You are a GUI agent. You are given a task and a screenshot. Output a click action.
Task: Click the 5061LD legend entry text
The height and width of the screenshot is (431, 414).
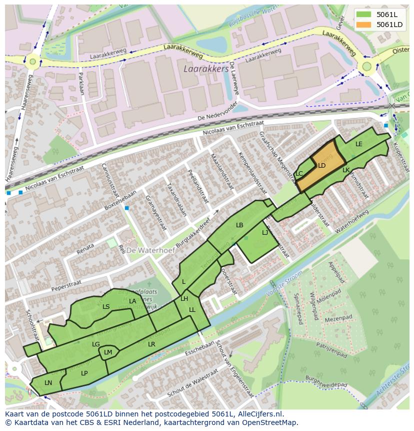[390, 25]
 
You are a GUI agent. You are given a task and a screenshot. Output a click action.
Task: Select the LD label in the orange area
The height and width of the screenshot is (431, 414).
[322, 166]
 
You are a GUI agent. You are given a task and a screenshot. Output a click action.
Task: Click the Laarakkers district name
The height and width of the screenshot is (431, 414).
[206, 68]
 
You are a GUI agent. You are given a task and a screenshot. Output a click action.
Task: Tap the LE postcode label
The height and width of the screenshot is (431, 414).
[358, 144]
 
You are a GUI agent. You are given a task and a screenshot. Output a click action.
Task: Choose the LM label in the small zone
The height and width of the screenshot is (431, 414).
[108, 352]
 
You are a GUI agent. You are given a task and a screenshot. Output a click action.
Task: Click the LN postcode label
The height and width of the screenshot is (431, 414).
[48, 383]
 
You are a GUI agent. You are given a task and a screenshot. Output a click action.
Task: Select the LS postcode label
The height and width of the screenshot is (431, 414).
[106, 307]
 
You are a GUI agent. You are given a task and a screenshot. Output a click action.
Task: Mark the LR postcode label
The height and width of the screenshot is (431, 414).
[151, 344]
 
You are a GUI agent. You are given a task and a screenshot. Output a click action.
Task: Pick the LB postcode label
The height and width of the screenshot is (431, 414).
[239, 225]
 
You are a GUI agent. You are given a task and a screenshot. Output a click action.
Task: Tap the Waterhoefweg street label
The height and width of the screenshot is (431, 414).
[352, 221]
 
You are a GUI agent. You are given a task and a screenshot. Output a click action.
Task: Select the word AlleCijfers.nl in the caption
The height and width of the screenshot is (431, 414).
[259, 414]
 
